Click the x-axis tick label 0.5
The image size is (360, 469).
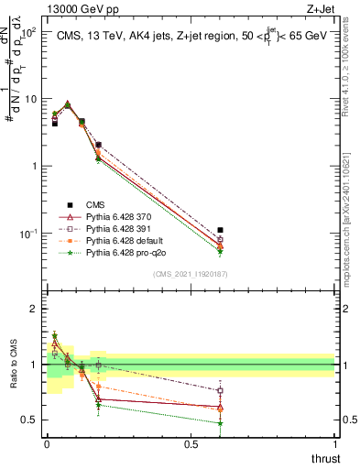[x=191, y=444]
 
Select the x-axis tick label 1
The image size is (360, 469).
[x=334, y=444]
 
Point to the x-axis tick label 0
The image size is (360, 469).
[x=47, y=444]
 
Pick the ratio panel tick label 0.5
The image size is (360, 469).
[x=30, y=420]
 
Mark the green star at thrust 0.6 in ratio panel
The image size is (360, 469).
[x=220, y=423]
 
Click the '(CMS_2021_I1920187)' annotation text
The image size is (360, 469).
[x=191, y=274]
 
